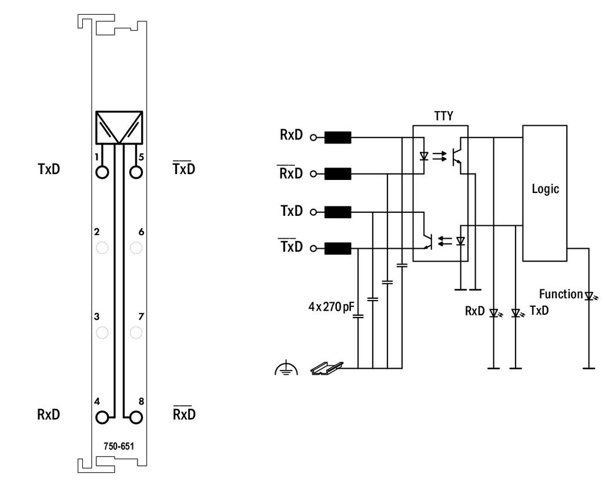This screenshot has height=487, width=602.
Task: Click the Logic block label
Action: coord(545,189)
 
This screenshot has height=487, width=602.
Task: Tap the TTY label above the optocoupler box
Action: coord(443,116)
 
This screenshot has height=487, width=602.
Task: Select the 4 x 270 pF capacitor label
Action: coord(332,306)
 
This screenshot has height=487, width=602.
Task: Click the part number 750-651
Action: coord(119,446)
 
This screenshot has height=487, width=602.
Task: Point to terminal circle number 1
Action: coord(102,172)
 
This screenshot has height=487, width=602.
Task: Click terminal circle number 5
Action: coord(136,172)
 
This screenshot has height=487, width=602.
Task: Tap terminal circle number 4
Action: coord(102,417)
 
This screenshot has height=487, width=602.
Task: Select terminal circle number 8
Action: coord(136,417)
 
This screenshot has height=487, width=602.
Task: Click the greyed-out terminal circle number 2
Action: coord(102,248)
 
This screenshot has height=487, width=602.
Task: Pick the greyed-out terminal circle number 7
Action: coord(136,332)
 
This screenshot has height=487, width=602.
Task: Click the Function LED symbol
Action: coord(590,296)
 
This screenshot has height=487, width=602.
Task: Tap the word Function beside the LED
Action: coord(561,294)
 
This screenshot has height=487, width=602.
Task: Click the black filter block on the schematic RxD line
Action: coord(338,138)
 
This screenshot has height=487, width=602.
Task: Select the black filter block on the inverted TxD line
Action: coord(338,248)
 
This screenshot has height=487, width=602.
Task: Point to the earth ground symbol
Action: coord(286,369)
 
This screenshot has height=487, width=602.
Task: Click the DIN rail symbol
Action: coord(327,368)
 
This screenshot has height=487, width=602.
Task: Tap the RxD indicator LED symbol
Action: coord(494,313)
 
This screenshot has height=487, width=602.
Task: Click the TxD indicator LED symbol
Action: coord(516,313)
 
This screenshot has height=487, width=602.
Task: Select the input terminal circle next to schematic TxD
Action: coord(313,212)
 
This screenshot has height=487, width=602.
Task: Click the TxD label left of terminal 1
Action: coord(49,169)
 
